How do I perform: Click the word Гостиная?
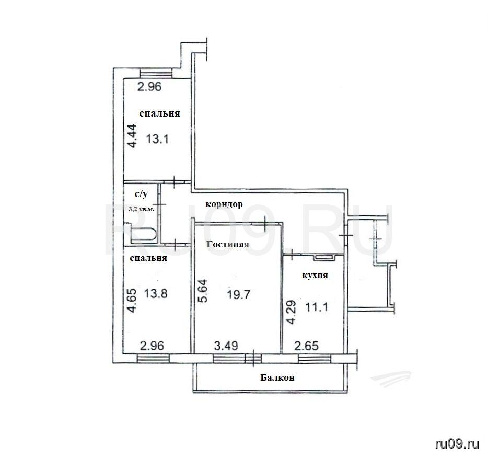click(x=228, y=244)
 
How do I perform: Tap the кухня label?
click(x=315, y=276)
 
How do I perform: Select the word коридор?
click(x=224, y=204)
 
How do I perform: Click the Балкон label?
click(x=277, y=377)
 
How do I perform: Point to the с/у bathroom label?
click(x=141, y=194)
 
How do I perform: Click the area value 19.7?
click(x=238, y=294)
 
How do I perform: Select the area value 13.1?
click(x=157, y=139)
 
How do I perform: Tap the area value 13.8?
click(x=156, y=293)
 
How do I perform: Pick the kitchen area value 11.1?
click(x=317, y=307)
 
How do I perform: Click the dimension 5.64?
click(x=203, y=291)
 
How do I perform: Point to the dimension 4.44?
click(x=132, y=136)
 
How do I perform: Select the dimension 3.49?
click(x=226, y=346)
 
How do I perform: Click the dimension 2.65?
click(x=307, y=346)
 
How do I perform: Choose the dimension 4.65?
click(x=132, y=301)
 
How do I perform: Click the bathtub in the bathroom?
click(x=143, y=235)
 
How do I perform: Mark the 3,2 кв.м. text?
click(x=141, y=209)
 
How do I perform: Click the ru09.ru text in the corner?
click(x=457, y=444)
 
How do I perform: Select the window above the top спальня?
click(x=156, y=73)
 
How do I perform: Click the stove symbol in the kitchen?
click(x=323, y=257)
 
